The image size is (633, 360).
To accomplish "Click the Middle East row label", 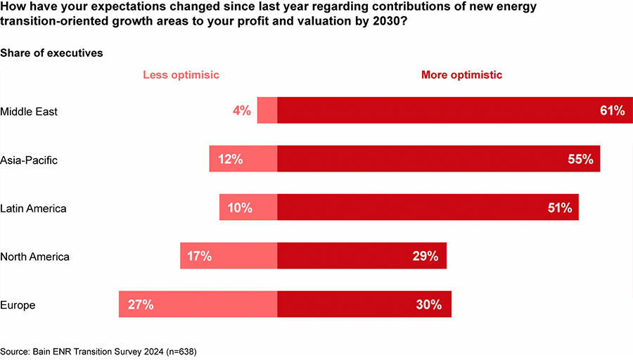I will click(29, 111).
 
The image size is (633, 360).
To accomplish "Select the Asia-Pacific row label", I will click(29, 160).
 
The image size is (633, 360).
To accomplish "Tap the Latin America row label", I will click(33, 208).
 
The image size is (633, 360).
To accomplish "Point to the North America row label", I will click(35, 257).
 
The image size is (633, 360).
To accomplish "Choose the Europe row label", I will click(18, 305).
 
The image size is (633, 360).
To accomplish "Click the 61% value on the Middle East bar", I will click(612, 110).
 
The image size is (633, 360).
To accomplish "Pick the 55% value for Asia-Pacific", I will click(580, 160).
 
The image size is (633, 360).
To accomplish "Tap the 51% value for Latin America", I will click(559, 208).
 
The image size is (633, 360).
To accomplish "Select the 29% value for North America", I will click(426, 257).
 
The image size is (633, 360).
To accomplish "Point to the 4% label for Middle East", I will click(241, 110).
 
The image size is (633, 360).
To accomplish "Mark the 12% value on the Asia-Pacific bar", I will click(230, 160).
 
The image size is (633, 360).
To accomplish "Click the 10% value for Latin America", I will click(240, 208).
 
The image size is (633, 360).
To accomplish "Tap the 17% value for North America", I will click(200, 257).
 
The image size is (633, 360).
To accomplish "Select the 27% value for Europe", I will click(141, 305).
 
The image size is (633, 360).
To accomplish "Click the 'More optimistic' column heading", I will click(461, 75).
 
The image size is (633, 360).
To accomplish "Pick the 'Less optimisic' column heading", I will click(181, 75).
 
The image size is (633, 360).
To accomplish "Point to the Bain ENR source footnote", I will click(98, 349).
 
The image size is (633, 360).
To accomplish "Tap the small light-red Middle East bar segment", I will click(267, 110).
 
